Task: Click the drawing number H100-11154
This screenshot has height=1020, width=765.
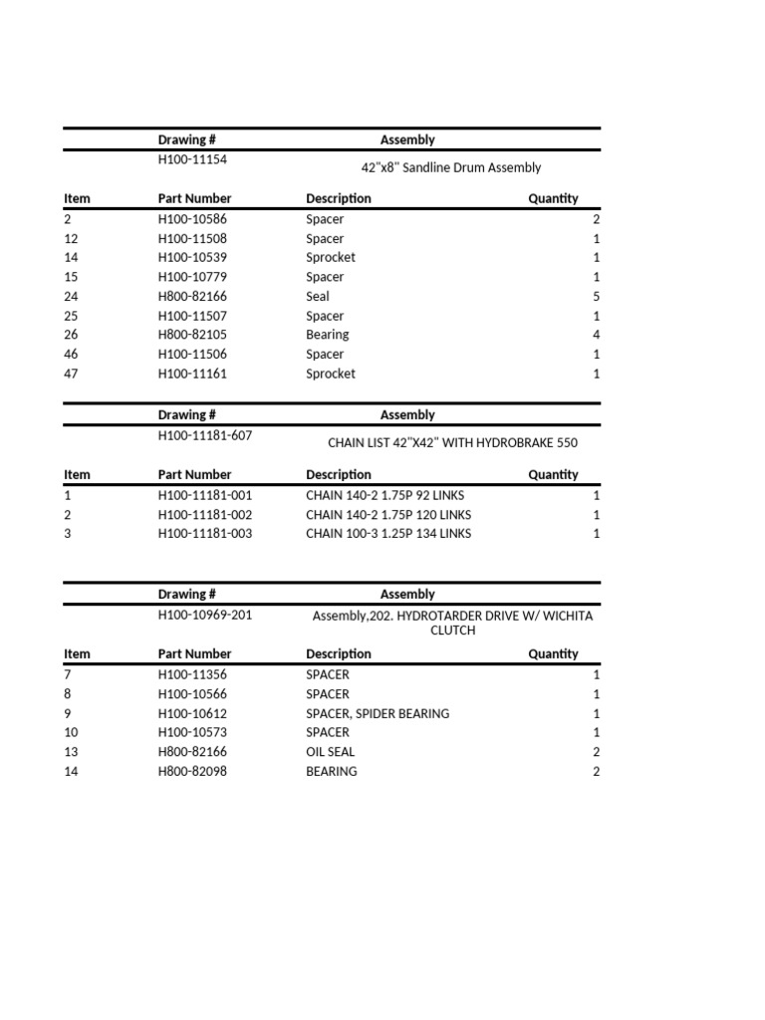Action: (x=198, y=159)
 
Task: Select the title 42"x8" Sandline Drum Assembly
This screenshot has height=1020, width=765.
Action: (x=450, y=168)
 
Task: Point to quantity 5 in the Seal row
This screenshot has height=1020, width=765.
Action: (x=596, y=297)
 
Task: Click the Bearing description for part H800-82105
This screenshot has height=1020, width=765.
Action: (x=327, y=335)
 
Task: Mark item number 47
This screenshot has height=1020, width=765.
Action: (x=71, y=374)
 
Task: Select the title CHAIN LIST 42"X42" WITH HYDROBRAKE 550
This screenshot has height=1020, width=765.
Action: (x=452, y=443)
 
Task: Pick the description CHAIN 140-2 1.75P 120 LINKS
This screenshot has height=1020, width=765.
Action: (x=388, y=515)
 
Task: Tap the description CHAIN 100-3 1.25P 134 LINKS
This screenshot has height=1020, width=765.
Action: (x=388, y=534)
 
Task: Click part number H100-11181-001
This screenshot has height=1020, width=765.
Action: (x=205, y=495)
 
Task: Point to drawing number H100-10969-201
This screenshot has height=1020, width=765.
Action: (x=205, y=615)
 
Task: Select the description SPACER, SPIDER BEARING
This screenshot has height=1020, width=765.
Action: (x=378, y=713)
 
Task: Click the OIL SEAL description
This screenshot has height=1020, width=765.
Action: (x=330, y=752)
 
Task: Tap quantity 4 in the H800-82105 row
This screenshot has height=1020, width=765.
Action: (x=596, y=335)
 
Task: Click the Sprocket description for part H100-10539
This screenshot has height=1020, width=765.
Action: (x=330, y=258)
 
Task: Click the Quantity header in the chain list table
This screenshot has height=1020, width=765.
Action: (x=553, y=475)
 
